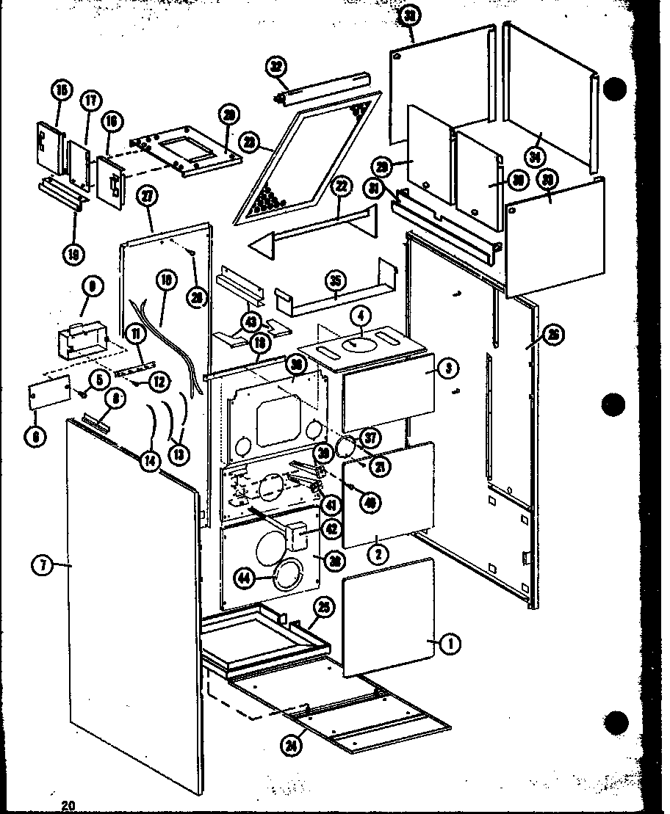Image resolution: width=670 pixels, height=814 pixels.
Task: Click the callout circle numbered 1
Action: click(452, 644)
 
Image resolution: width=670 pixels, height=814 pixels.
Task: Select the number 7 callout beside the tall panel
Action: click(43, 566)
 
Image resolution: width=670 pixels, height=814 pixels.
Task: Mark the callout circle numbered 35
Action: click(335, 280)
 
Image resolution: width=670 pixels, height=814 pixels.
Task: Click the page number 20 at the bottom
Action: click(68, 805)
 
